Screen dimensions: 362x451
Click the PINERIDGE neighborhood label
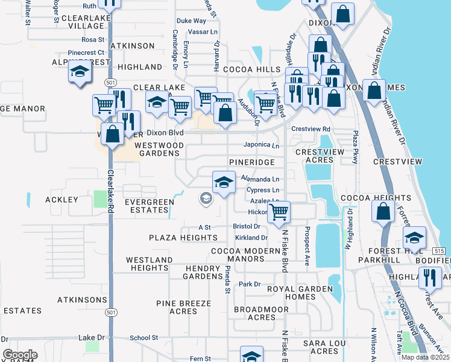251,163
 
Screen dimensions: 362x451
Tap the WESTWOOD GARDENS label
159,150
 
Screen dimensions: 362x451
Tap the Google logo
20,355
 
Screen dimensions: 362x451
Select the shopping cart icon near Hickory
278,212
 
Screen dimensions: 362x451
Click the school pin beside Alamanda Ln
224,183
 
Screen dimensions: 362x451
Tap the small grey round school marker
206,198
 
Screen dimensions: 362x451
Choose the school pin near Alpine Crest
80,72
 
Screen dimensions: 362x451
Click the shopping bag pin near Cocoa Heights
383,212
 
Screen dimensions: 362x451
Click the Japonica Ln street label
261,145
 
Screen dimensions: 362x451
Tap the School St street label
143,338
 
